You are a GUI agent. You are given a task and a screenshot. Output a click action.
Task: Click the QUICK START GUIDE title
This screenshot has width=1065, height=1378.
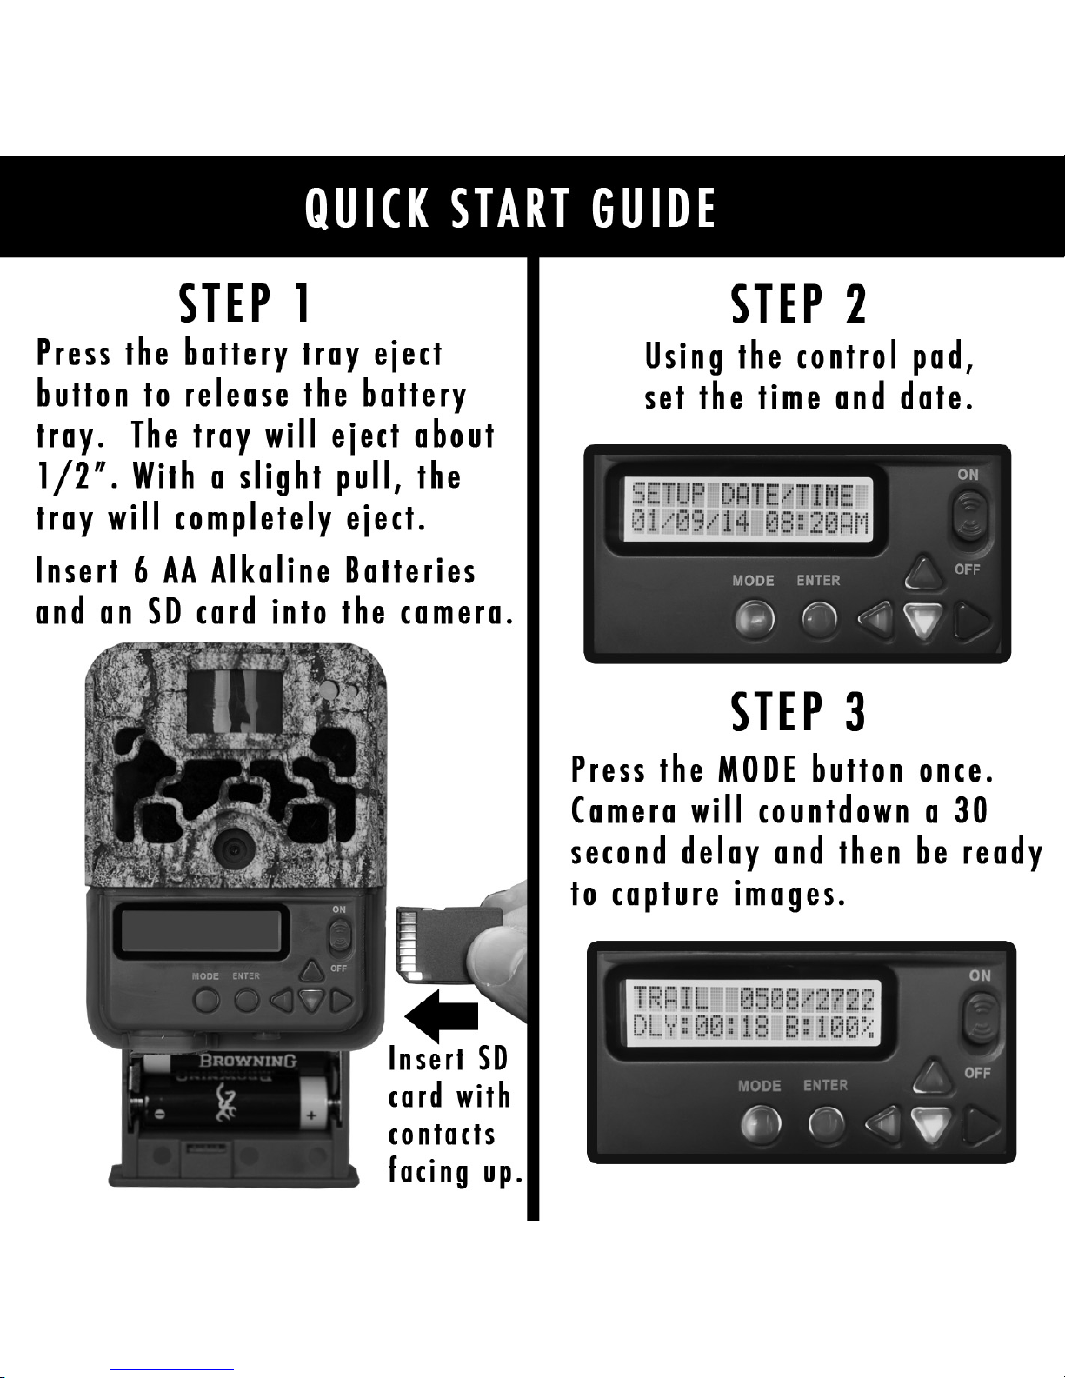pyautogui.click(x=510, y=208)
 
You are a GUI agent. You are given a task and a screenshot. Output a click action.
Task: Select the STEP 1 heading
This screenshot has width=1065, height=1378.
pyautogui.click(x=245, y=303)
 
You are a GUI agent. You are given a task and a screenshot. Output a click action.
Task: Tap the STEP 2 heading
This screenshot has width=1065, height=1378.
pyautogui.click(x=799, y=304)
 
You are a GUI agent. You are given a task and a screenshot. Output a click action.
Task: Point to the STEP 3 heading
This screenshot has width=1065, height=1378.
pyautogui.click(x=799, y=711)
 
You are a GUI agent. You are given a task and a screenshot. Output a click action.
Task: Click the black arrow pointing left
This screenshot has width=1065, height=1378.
pyautogui.click(x=442, y=1016)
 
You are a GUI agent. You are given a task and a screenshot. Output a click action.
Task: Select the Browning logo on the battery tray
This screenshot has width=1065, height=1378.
pyautogui.click(x=248, y=1061)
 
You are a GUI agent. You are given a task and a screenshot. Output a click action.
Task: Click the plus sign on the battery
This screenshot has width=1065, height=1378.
pyautogui.click(x=311, y=1115)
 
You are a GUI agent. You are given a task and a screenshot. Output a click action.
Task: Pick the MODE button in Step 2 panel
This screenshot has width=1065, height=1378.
pyautogui.click(x=755, y=619)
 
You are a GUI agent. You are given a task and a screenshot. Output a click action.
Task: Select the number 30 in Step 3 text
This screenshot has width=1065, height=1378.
pyautogui.click(x=970, y=810)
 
